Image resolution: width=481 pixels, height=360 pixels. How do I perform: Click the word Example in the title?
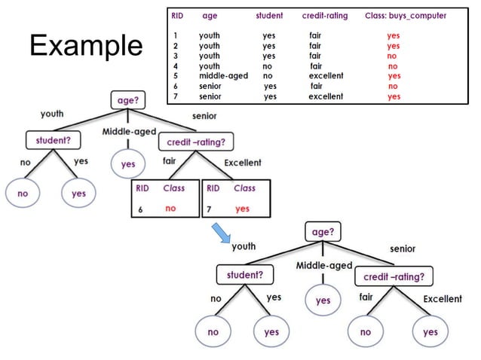[x=85, y=46]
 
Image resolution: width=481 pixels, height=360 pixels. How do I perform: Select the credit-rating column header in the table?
[x=324, y=16]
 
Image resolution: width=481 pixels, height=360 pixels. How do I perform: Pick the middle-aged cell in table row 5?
[x=222, y=76]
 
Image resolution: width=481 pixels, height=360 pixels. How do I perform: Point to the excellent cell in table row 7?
[x=326, y=96]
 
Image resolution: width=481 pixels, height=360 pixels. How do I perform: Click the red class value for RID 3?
[x=392, y=56]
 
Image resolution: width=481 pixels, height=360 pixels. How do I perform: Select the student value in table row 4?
[x=268, y=66]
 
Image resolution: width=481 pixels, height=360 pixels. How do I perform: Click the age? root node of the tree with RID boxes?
[x=127, y=99]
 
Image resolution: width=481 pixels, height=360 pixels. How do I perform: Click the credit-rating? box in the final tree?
[x=394, y=276]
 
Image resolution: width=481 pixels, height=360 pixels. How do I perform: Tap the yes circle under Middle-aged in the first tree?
[x=128, y=163]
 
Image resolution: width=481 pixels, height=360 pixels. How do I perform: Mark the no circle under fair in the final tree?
[x=365, y=331]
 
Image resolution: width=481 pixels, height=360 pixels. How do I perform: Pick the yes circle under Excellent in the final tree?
[x=430, y=331]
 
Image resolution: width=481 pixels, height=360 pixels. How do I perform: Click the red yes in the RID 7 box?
[x=242, y=209]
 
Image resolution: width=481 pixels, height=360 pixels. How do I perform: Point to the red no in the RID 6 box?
[x=170, y=209]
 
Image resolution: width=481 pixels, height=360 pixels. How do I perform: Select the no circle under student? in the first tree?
[x=23, y=194]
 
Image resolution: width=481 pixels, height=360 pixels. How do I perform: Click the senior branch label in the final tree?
[x=402, y=249]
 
